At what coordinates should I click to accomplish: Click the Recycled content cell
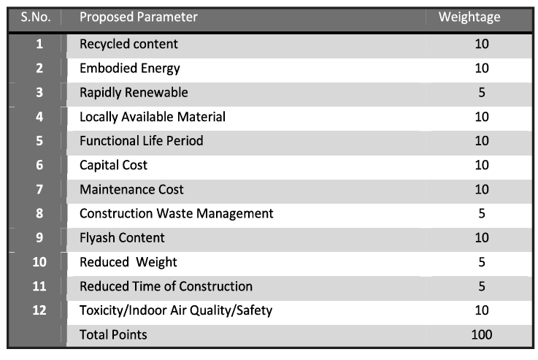128,45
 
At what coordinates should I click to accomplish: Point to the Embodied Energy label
130,69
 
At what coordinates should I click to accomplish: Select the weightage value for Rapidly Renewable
481,93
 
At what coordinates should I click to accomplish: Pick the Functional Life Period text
142,141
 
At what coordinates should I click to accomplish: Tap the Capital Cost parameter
113,165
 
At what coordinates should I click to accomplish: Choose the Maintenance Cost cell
131,189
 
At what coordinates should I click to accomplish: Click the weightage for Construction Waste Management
481,213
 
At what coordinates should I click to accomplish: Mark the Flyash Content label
122,237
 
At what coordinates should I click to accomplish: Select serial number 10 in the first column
39,261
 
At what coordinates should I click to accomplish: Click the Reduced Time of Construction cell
166,286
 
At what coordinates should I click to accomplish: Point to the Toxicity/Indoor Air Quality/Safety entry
176,310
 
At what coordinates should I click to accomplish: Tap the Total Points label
113,334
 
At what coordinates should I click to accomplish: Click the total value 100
481,334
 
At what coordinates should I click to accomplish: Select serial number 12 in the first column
39,310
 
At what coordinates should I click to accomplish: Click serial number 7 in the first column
39,189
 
